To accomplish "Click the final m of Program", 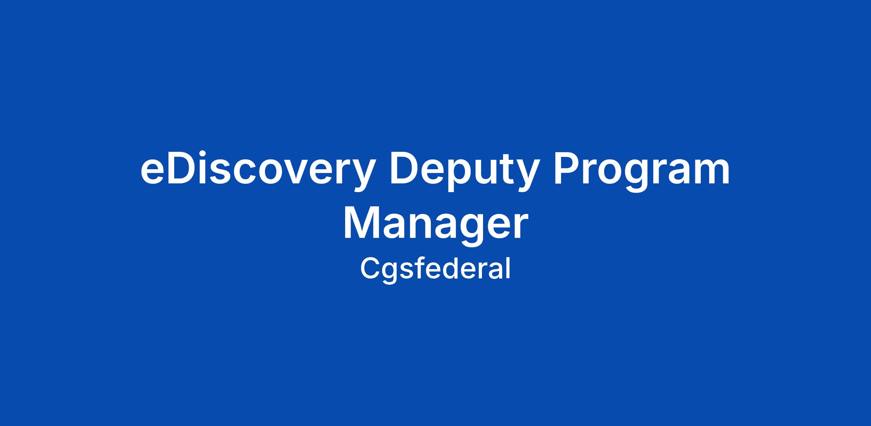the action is pos(710,172).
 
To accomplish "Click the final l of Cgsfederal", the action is pos(509,268).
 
